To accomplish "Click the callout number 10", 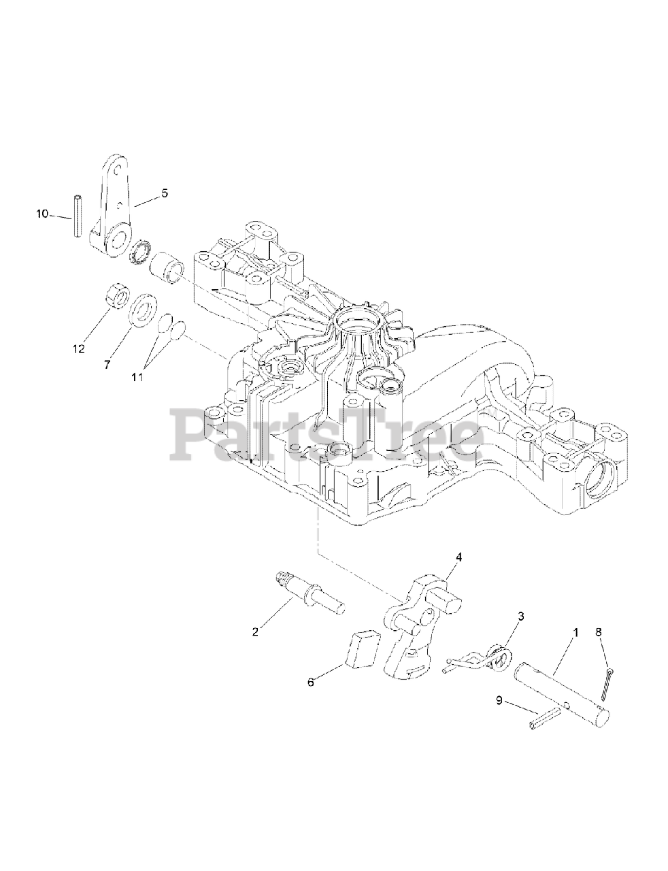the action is point(42,214).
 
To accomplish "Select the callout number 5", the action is point(163,194).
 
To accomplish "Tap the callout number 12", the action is point(79,349).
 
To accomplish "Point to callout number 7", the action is point(107,365).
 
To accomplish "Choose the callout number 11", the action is point(137,376).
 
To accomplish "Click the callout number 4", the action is point(458,557).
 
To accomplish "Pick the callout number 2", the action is point(255,631).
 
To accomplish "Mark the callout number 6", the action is point(311,682).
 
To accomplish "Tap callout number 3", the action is point(521,616).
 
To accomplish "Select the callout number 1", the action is point(575,632).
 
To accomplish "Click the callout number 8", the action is point(599,632).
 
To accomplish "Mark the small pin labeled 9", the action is point(544,718).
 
